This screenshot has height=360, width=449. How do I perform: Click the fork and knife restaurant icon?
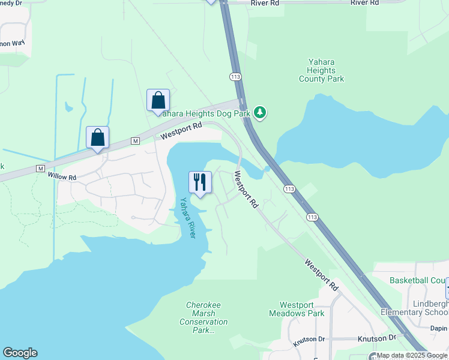tap(200, 182)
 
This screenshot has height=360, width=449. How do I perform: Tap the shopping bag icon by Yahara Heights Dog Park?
tap(158, 100)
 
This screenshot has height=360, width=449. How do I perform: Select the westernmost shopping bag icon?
tap(97, 137)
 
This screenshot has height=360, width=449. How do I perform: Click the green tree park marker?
tap(260, 112)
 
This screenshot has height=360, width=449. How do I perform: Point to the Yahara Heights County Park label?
tap(321, 70)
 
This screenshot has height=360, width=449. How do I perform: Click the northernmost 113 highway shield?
tap(235, 77)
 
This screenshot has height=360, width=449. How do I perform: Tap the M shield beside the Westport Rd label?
tap(135, 141)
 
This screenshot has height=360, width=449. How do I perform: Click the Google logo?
tap(20, 353)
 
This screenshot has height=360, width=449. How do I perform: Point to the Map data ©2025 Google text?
tap(412, 356)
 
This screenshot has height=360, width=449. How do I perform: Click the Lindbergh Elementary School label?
tap(415, 308)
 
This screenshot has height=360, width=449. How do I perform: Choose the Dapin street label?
tap(439, 328)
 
